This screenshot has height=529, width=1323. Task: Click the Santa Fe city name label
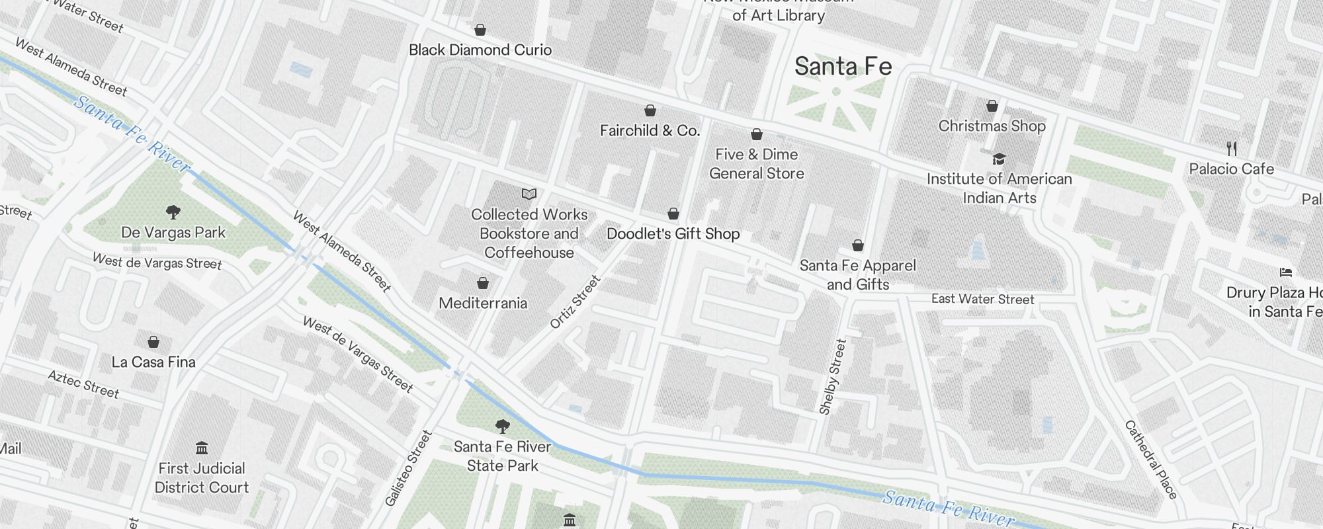[843, 67]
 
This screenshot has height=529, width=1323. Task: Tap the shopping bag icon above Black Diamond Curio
[480, 30]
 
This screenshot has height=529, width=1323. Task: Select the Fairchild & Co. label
[650, 131]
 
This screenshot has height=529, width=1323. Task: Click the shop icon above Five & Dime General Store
[757, 135]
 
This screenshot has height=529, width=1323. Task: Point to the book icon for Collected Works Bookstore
[529, 194]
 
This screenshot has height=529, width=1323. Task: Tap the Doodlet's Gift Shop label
[673, 234]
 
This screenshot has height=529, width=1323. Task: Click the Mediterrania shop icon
[483, 283]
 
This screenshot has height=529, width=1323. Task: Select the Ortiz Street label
[576, 302]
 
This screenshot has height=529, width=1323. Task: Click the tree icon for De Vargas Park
[173, 212]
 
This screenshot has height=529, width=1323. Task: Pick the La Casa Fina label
[153, 362]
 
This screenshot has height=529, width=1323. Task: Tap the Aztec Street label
[83, 385]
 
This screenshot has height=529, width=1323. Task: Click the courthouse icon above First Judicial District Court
[202, 448]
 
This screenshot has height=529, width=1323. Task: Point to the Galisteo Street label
[409, 469]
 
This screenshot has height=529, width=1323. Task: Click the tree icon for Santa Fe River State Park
[503, 426]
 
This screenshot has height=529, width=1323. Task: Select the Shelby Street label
[833, 377]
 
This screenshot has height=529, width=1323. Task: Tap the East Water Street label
[982, 300]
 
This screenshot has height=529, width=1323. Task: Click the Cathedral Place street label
[1151, 460]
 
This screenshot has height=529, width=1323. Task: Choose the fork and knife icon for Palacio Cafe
[1231, 148]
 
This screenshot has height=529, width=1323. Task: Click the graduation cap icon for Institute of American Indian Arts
[999, 159]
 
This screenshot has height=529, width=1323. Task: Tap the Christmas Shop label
[992, 126]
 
